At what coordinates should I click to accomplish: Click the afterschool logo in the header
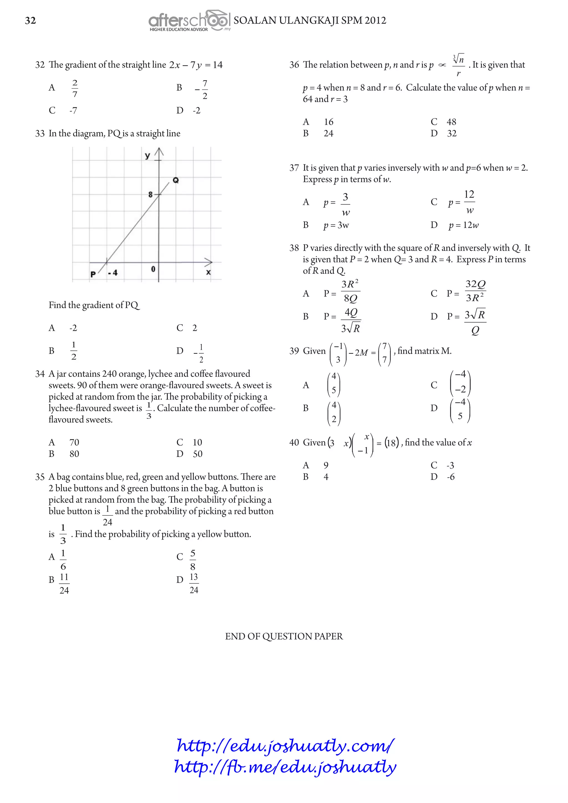[189, 21]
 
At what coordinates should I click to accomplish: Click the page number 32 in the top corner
[31, 21]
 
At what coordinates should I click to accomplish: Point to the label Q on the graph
[176, 180]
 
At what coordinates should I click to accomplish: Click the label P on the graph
[93, 274]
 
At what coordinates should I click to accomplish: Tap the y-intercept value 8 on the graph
[150, 194]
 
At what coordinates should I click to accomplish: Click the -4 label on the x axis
[113, 273]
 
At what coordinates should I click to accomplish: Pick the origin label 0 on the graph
[153, 269]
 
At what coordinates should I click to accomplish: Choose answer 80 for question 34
[74, 454]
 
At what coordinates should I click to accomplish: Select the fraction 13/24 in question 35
[194, 583]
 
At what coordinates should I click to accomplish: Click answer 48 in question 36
[451, 122]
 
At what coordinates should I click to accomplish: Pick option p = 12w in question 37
[463, 225]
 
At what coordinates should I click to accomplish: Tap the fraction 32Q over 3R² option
[475, 291]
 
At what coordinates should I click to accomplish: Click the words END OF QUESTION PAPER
[284, 636]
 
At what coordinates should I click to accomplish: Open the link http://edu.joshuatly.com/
[285, 745]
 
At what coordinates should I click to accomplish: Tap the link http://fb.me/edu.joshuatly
[285, 767]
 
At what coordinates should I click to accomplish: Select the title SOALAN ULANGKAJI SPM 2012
[310, 21]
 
